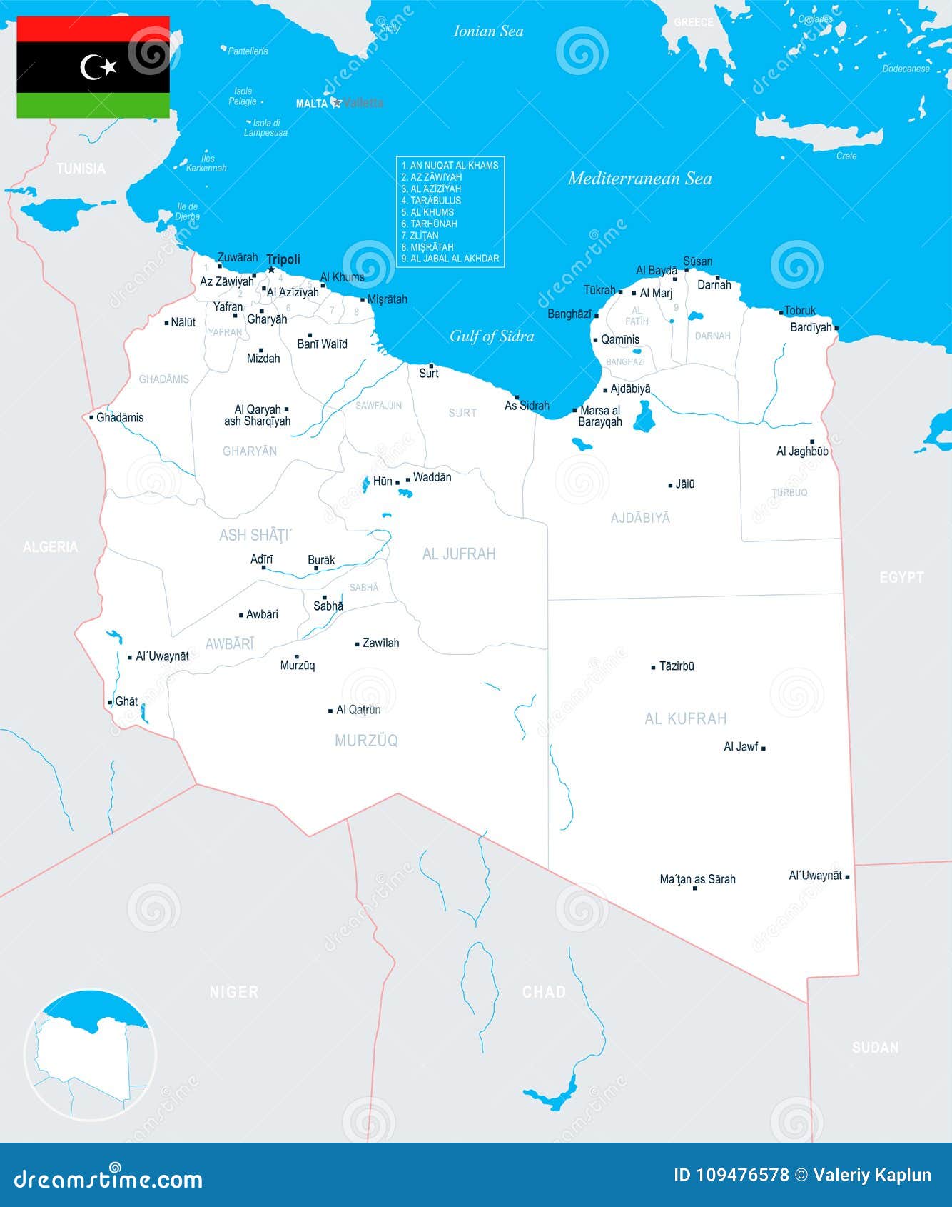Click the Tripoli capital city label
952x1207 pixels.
click(x=283, y=259)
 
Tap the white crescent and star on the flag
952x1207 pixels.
click(x=98, y=67)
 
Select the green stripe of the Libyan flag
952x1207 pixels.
click(x=93, y=105)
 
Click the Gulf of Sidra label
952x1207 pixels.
click(x=492, y=336)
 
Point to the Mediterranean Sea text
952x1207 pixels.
click(x=639, y=179)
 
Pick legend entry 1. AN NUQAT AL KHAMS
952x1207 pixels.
click(x=450, y=166)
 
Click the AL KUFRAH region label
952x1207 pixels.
click(x=685, y=719)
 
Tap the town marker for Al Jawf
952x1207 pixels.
click(x=764, y=748)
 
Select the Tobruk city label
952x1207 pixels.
click(x=799, y=311)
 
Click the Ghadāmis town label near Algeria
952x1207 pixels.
click(x=120, y=418)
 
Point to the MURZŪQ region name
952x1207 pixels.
click(x=366, y=741)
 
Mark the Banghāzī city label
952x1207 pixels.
click(x=569, y=314)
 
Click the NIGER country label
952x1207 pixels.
click(x=234, y=991)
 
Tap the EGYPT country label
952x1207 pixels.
click(x=901, y=577)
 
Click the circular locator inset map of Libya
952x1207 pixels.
click(x=90, y=1055)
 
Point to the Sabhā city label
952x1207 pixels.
click(x=328, y=606)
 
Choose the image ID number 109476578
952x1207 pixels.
click(x=742, y=1176)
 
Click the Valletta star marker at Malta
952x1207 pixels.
click(x=337, y=103)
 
